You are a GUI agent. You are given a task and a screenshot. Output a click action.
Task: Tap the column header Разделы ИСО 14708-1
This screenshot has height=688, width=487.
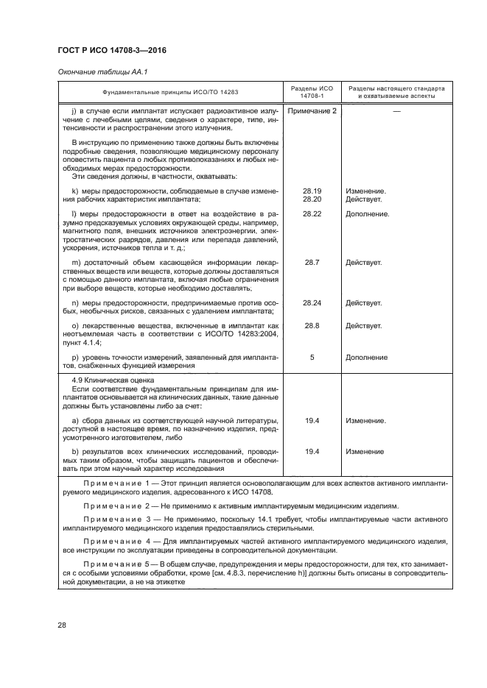coord(312,92)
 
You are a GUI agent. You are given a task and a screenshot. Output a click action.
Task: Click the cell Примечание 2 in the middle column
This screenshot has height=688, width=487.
coord(312,110)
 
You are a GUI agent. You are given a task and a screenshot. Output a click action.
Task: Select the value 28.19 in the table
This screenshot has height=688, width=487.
coord(312,191)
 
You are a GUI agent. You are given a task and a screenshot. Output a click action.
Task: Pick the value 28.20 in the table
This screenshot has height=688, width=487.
coord(312,199)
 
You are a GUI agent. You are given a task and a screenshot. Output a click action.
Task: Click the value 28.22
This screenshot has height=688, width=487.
coord(312,213)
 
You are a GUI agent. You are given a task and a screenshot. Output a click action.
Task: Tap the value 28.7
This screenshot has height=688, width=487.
coord(312,262)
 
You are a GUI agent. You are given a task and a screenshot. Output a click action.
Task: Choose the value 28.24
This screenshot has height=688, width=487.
coord(312,302)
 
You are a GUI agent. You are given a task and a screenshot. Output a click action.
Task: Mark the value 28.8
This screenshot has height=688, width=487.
coord(312,325)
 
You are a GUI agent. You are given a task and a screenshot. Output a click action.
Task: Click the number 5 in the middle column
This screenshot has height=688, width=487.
coord(312,357)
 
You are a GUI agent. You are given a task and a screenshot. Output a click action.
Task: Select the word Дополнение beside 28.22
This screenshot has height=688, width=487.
coord(366,213)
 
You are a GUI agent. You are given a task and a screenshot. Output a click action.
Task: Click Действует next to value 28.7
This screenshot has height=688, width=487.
coord(363,262)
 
